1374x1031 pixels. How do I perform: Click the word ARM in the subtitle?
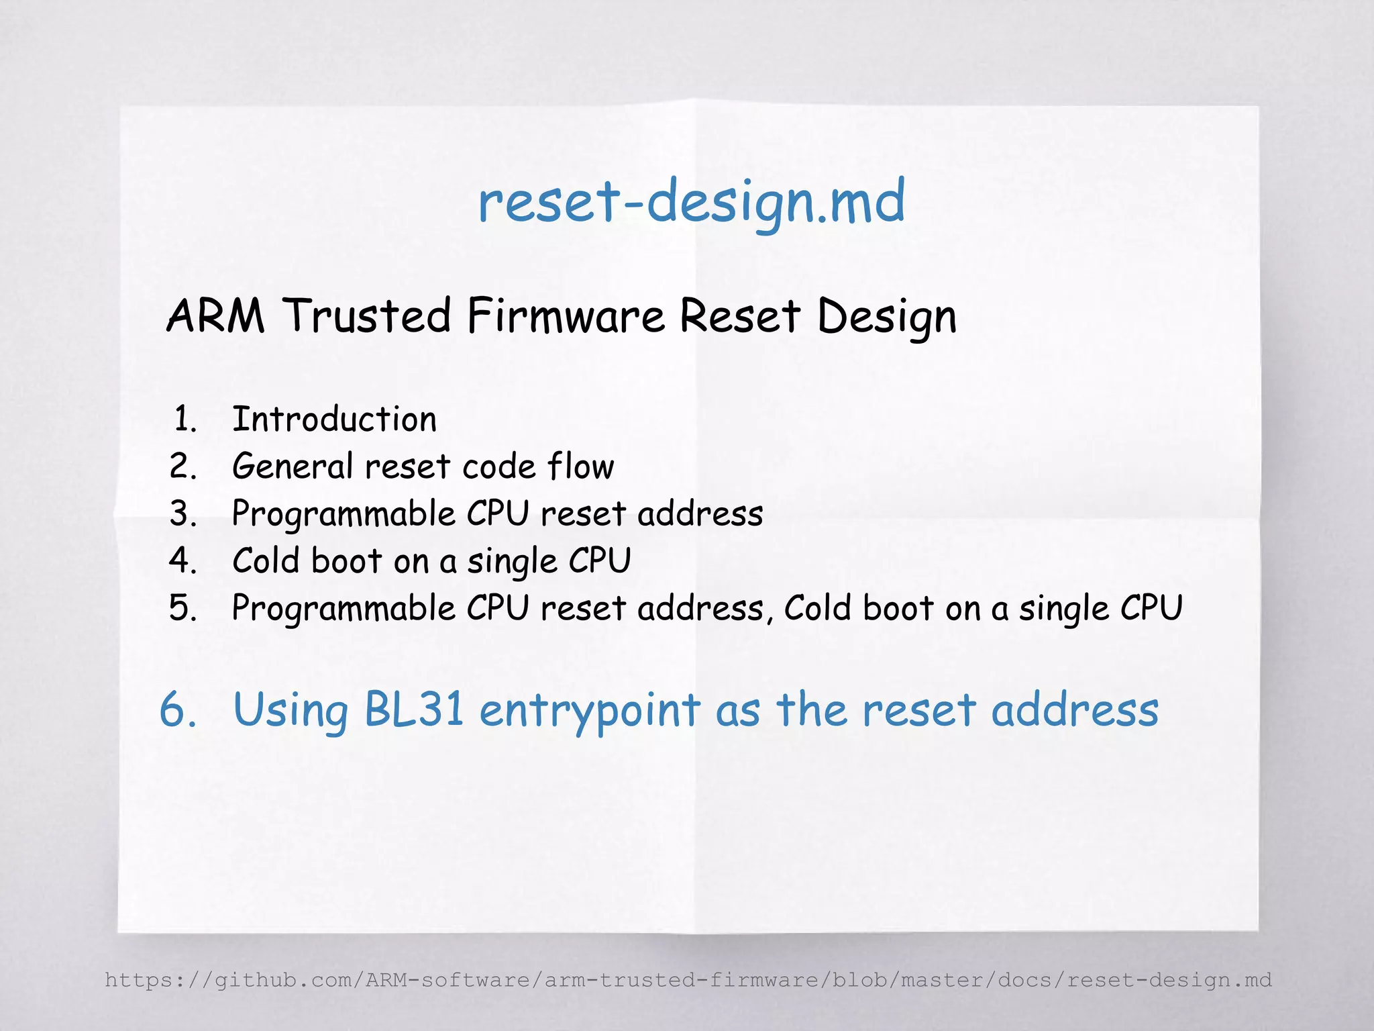(x=215, y=315)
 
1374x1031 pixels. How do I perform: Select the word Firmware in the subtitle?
(x=566, y=315)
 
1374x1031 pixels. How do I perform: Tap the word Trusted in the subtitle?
(x=366, y=315)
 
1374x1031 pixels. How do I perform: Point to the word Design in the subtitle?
(x=886, y=317)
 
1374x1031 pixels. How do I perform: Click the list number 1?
(x=184, y=420)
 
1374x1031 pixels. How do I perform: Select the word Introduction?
(x=334, y=420)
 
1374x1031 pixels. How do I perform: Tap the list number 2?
(x=183, y=467)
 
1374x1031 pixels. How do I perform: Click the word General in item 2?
(x=292, y=467)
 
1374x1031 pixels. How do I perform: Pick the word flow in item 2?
(x=580, y=467)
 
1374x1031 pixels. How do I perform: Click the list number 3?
(x=183, y=514)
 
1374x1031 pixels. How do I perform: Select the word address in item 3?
(x=700, y=514)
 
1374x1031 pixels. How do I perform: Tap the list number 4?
(x=183, y=561)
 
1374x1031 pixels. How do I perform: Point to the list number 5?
(x=183, y=608)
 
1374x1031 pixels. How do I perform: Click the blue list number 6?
(x=178, y=710)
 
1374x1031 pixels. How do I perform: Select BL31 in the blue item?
(x=414, y=710)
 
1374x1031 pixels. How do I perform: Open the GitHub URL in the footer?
(x=688, y=980)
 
